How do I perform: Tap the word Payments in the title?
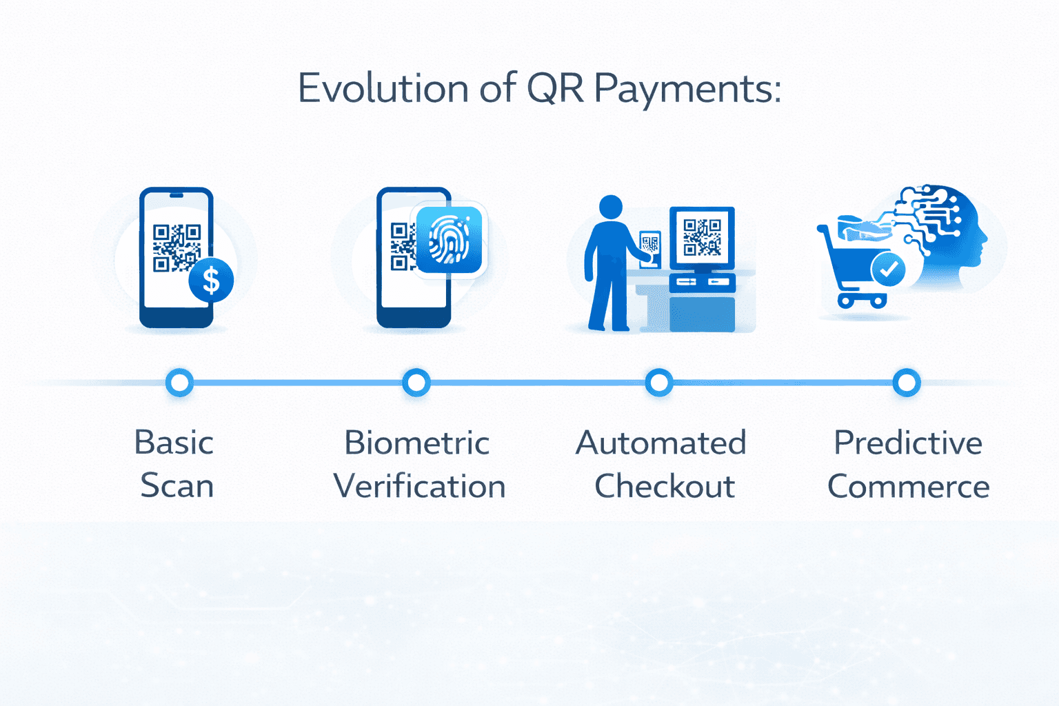[687, 90]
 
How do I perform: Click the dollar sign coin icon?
[211, 281]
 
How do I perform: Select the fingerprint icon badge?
[449, 240]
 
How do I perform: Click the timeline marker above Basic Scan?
[180, 383]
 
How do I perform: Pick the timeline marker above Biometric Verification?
[416, 383]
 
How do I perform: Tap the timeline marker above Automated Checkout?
[659, 383]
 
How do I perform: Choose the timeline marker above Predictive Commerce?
[906, 383]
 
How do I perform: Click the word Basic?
[174, 443]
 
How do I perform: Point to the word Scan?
[177, 486]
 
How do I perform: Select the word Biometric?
[417, 443]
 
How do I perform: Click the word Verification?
[419, 486]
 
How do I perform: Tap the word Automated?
[660, 443]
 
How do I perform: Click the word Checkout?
[664, 486]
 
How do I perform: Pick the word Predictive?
[908, 443]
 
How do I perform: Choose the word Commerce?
[908, 486]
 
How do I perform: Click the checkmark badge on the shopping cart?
[888, 270]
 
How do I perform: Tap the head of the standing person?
[611, 206]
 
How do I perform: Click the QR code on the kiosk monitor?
[702, 237]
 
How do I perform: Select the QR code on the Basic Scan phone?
[176, 247]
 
